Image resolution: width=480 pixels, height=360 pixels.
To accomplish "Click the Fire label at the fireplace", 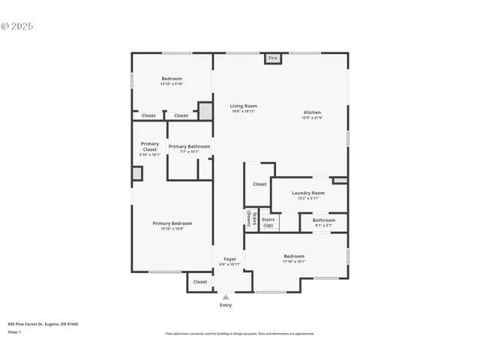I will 272,58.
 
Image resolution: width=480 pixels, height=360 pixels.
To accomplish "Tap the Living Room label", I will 243,106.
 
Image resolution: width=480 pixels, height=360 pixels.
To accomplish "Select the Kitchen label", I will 312,112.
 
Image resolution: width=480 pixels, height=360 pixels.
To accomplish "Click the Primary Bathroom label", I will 189,146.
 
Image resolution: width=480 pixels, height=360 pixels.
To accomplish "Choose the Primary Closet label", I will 150,146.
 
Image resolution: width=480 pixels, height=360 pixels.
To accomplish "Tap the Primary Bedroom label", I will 172,223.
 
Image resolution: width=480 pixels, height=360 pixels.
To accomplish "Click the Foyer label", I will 229,259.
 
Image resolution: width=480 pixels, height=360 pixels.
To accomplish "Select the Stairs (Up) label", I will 268,223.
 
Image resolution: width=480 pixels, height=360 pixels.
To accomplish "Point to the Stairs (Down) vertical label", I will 248,219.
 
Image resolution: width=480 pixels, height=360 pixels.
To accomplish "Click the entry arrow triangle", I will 226,297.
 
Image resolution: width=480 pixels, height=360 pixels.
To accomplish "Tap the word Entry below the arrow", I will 226,305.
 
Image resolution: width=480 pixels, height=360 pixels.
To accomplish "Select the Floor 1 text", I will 15,331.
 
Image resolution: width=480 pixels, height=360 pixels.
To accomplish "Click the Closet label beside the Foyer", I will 200,282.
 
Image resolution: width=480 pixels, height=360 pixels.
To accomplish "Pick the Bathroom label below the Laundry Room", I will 324,220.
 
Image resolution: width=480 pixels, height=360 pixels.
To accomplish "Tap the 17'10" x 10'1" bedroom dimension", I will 294,262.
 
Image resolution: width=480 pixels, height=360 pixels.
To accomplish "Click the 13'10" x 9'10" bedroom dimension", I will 172,84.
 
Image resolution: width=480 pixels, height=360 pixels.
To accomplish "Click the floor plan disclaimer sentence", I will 240,334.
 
